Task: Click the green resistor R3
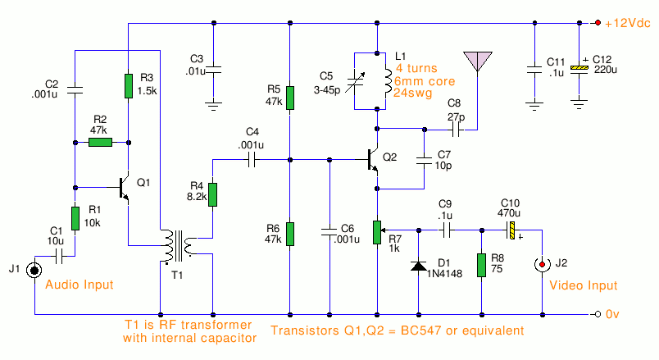click(129, 86)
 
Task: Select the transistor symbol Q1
click(125, 188)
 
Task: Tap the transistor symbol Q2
click(373, 160)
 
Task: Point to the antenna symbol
click(477, 62)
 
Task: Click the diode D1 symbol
click(419, 266)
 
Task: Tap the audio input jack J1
click(34, 270)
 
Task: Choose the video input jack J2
click(542, 265)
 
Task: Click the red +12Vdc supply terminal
click(598, 23)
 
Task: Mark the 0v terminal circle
click(598, 314)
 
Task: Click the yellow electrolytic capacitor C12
click(579, 69)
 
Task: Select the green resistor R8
click(482, 265)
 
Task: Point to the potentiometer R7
click(377, 232)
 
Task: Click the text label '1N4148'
click(444, 274)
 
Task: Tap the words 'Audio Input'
click(80, 285)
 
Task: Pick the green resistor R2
click(101, 143)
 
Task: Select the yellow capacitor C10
click(512, 230)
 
